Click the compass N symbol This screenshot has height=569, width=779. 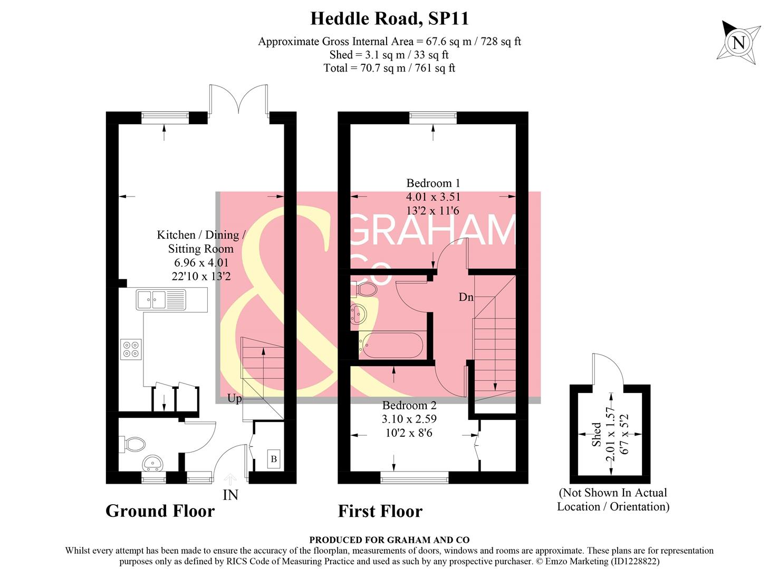739,42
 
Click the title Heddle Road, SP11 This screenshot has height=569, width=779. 389,18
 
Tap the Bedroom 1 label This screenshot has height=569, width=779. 433,183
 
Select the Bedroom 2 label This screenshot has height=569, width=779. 409,405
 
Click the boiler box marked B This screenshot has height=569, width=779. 274,459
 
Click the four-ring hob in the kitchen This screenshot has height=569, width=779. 131,349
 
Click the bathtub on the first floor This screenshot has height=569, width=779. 391,346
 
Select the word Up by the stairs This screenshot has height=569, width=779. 235,398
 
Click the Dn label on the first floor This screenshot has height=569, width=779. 466,297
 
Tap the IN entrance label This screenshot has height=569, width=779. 230,495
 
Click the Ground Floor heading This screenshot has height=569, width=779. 160,511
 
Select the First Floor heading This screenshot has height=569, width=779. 380,511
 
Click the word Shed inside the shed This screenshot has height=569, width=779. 596,434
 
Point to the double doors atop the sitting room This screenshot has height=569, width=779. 239,99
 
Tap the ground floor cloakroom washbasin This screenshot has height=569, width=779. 153,463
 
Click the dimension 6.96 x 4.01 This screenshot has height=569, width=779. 201,262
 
